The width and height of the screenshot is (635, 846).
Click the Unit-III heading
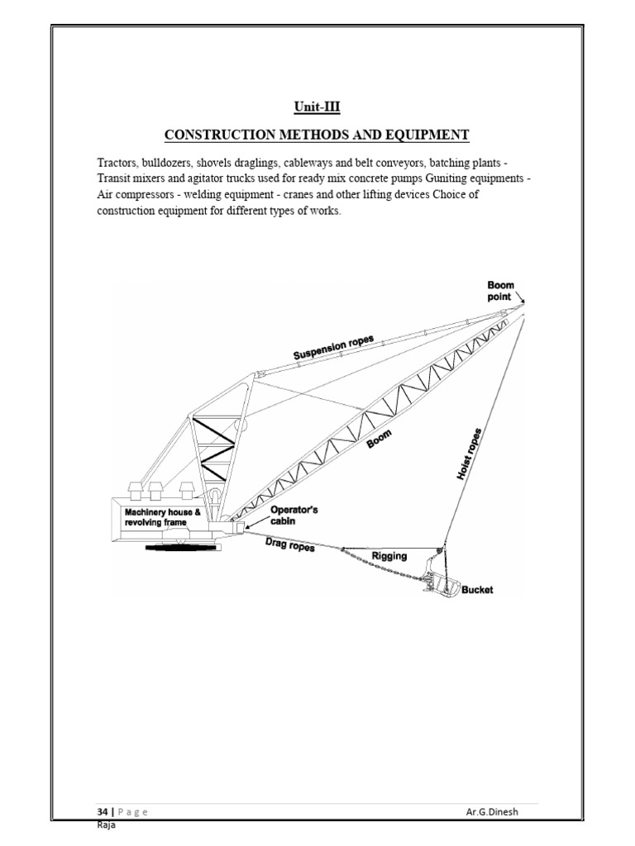(317, 107)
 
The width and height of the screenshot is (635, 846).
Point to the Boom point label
(500, 290)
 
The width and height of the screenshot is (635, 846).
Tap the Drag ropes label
(289, 544)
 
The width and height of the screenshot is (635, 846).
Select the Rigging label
(389, 556)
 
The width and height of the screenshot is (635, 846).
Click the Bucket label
(477, 590)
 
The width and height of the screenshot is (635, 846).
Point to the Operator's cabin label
(294, 516)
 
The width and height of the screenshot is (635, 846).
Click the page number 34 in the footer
(102, 811)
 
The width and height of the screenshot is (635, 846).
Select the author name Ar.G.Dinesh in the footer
(494, 811)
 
